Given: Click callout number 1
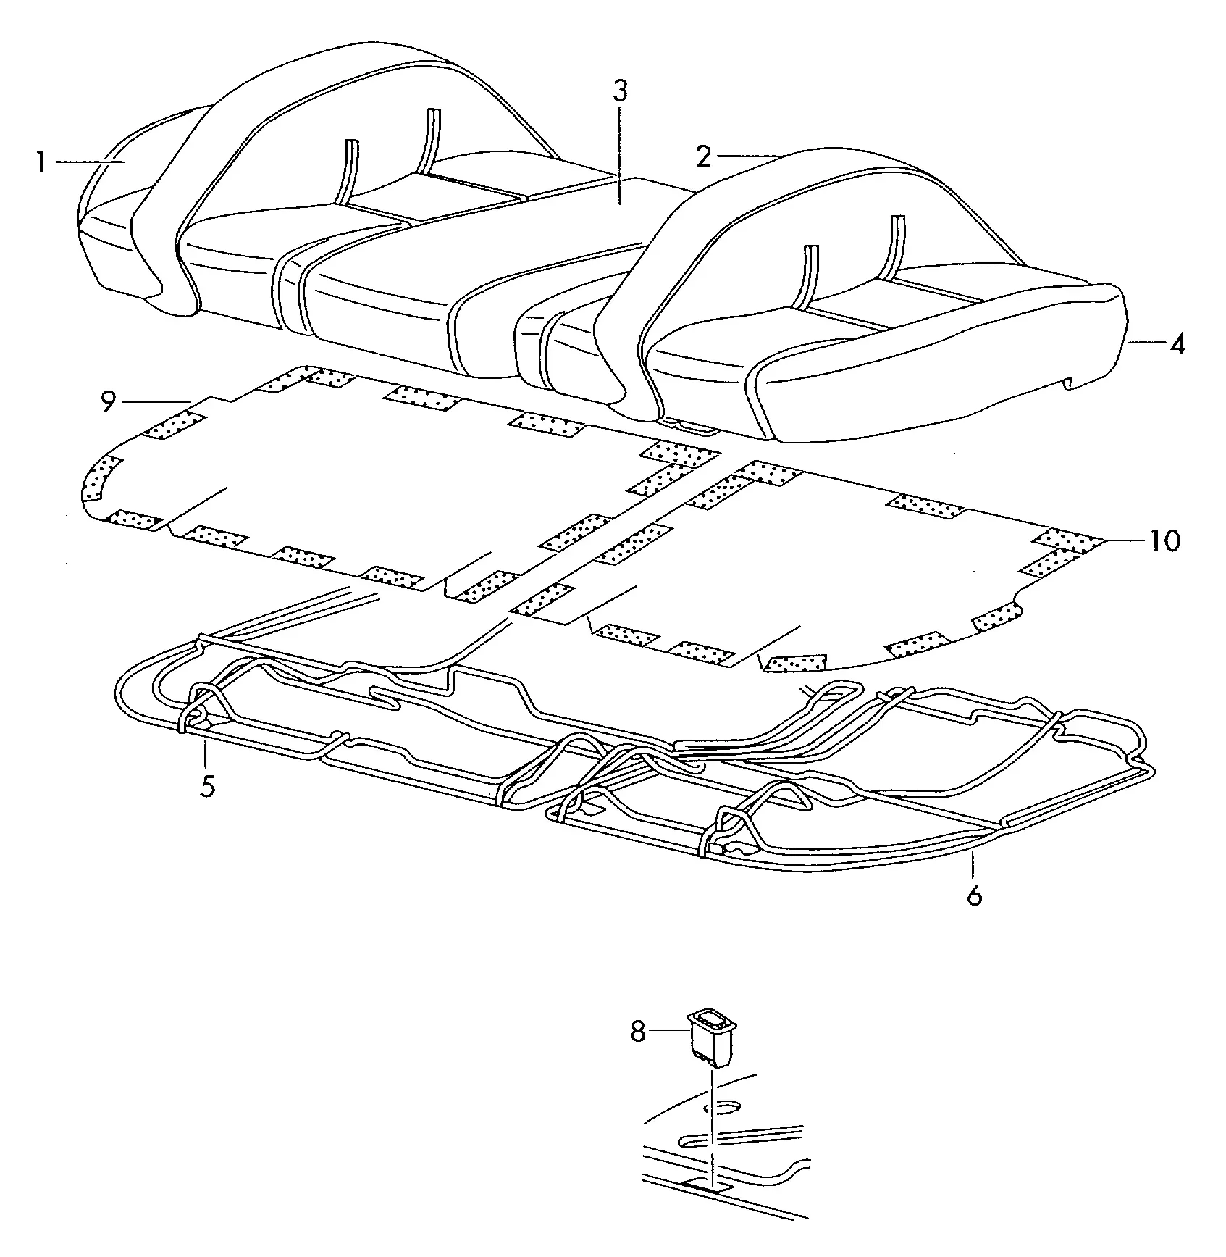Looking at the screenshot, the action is (x=42, y=163).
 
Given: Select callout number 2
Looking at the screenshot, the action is (x=703, y=156).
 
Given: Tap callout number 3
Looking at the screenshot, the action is (x=620, y=91).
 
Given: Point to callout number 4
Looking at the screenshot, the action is (x=1177, y=343).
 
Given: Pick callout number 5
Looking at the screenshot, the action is (x=208, y=785).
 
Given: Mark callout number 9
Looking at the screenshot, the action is (x=109, y=401).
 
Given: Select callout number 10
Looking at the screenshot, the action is (x=1164, y=540).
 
